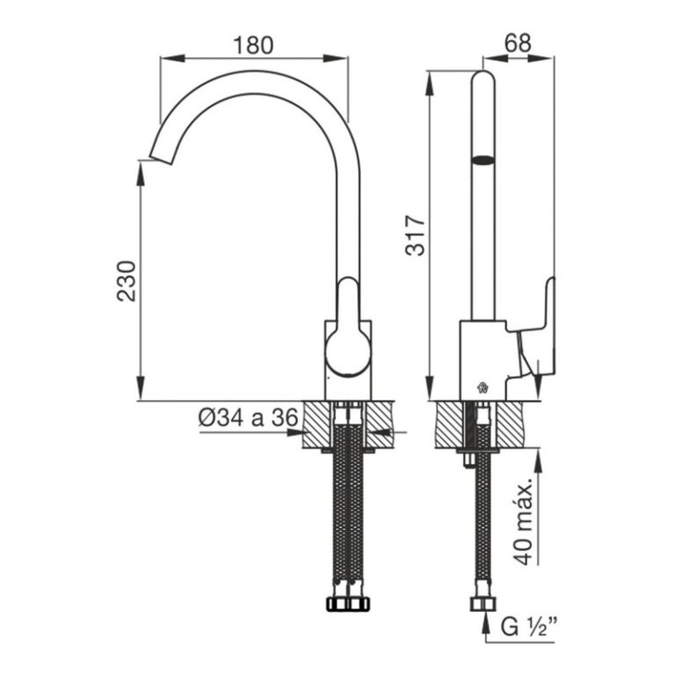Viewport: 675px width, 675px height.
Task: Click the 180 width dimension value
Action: (254, 44)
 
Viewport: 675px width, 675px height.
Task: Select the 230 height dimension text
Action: (127, 280)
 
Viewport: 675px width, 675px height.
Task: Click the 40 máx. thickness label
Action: (525, 523)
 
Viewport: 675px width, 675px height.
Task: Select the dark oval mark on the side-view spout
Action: (483, 160)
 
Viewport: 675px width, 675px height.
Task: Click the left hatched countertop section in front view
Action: (316, 425)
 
